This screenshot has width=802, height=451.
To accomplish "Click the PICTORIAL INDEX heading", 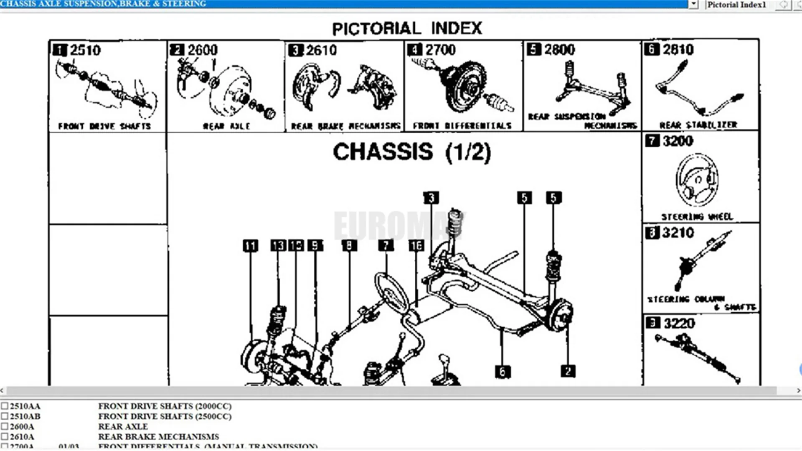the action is coord(407,28).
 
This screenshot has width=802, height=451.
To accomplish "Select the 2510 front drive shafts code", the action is coord(85,50).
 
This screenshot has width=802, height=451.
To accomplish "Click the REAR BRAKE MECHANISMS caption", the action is coord(345,126).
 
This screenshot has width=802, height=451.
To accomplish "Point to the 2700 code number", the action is coord(440,50).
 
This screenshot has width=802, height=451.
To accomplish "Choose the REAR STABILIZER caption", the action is coord(698,125).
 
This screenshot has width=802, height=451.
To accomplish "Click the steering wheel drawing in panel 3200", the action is coord(697,180).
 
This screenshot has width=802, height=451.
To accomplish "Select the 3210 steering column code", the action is coord(678,232).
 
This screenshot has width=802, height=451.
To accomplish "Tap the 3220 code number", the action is coord(679,323).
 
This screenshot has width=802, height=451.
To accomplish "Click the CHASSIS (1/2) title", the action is coord(412,152).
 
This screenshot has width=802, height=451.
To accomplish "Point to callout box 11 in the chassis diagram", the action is coord(250,245).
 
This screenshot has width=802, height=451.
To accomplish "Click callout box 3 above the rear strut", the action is coord(431,198).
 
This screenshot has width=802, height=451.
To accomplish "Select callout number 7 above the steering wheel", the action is coord(386,245).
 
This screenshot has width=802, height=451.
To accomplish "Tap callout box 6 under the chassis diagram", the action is coord(503,372).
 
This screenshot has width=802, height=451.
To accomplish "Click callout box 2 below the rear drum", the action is coord(568,371).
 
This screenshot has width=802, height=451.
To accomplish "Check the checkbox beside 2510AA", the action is coord(5,406).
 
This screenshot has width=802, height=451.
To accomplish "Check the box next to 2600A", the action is coord(5,426).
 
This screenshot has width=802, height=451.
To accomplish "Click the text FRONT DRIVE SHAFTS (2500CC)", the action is coord(165,416).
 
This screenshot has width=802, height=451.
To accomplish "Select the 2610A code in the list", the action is coord(22,436).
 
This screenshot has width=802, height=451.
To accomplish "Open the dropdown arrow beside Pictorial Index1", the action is coord(693,5).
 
